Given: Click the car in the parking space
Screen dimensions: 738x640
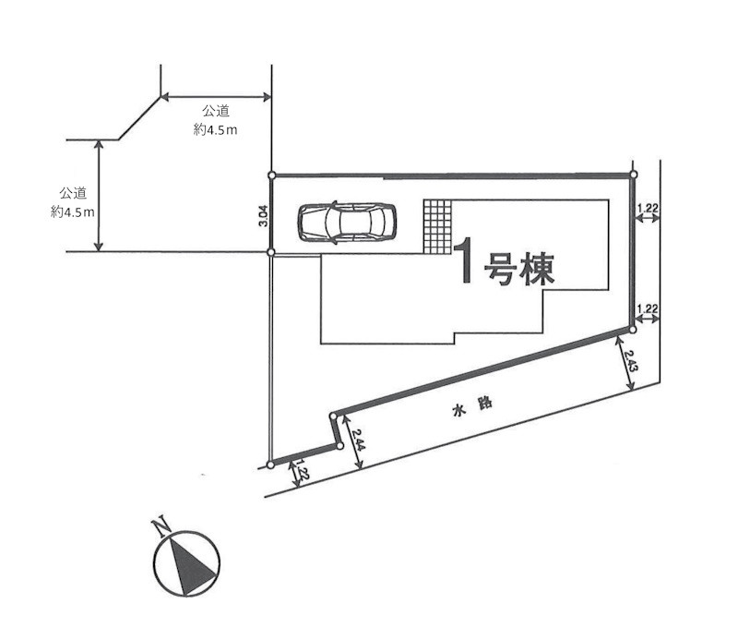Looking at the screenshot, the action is pos(347,223).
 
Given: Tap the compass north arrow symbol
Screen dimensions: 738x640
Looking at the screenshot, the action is pos(187,563).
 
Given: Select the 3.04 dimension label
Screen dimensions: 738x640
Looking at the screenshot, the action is pos(263,216).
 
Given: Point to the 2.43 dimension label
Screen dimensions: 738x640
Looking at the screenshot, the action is pos(631,360).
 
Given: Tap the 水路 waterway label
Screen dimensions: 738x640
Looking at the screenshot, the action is pos(472,407).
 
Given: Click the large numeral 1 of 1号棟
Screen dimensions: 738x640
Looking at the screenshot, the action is pos(465,260).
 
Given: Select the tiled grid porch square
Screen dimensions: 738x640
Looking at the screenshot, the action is pos(437,226).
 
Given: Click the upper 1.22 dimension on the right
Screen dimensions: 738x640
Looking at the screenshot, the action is pos(648,208).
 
